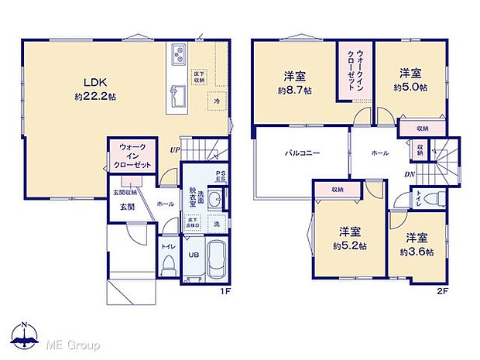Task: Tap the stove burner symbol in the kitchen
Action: click(177, 54)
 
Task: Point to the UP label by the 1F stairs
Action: click(176, 149)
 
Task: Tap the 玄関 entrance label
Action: click(127, 207)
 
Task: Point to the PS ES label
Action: click(221, 177)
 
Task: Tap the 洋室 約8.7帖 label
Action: click(294, 83)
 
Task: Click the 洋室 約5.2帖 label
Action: click(351, 238)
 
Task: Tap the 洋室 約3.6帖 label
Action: click(417, 244)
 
